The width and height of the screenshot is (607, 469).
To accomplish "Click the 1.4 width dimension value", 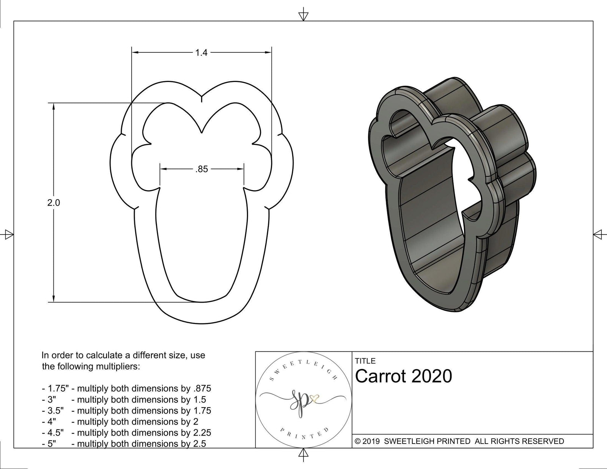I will click(201, 53).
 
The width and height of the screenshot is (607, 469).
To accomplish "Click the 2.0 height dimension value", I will click(53, 203).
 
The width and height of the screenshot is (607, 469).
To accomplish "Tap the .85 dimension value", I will click(201, 169).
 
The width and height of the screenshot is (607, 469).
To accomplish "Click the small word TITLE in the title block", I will click(365, 361).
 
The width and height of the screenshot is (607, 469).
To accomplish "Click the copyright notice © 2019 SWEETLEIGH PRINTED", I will click(459, 441).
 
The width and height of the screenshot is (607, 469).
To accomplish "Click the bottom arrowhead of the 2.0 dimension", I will click(54, 298).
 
